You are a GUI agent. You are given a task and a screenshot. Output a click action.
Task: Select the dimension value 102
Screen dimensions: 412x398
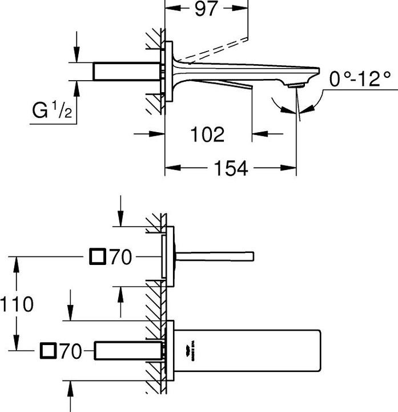coord(208,134)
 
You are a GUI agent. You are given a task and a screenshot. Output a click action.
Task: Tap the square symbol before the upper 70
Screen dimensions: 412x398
coord(98,257)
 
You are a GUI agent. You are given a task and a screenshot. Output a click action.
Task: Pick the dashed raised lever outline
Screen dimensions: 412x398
coord(217,49)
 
